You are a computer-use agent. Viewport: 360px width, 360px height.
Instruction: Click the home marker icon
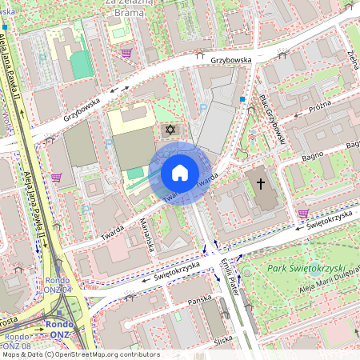(x=180, y=173)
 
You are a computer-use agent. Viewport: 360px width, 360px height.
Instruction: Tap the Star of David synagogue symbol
(x=169, y=129)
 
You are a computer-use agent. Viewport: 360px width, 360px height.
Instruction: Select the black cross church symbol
(x=260, y=184)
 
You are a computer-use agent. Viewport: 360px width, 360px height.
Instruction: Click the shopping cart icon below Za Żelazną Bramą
(x=126, y=53)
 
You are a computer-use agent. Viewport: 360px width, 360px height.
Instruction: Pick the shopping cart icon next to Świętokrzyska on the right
(x=302, y=214)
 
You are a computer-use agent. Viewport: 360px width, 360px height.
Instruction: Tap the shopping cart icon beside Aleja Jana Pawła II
(x=56, y=178)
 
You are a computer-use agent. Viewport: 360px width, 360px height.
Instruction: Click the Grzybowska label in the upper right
(x=231, y=59)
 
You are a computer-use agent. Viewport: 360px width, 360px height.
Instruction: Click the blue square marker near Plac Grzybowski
(x=242, y=100)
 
